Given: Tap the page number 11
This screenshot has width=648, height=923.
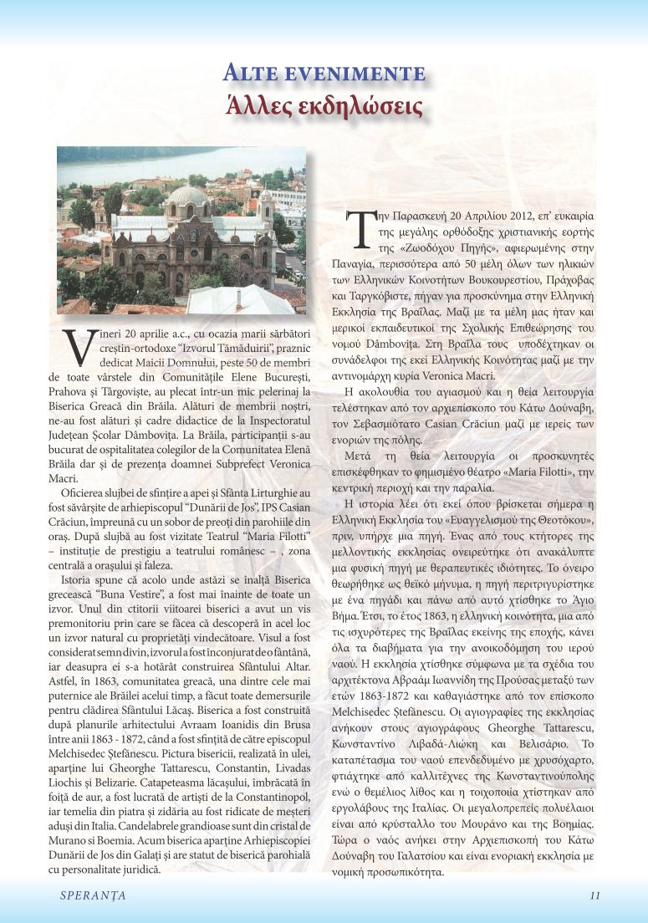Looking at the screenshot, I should click(594, 895).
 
